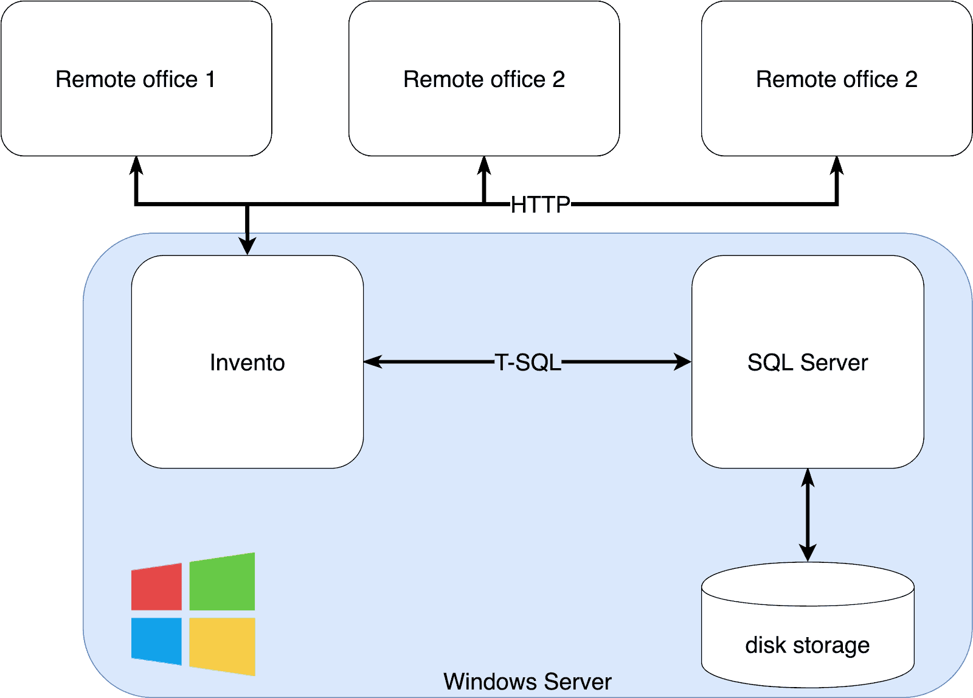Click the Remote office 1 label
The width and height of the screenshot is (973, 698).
pyautogui.click(x=135, y=79)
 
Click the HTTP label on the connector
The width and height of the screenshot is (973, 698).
pyautogui.click(x=540, y=204)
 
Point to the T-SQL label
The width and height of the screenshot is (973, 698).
pyautogui.click(x=528, y=362)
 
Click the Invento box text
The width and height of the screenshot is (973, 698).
pyautogui.click(x=247, y=363)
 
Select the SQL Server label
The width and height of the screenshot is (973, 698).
pyautogui.click(x=808, y=363)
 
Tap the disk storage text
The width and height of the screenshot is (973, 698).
pyautogui.click(x=808, y=645)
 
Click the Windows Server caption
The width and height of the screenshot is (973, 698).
pyautogui.click(x=527, y=682)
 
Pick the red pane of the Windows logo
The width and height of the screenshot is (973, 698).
pyautogui.click(x=157, y=587)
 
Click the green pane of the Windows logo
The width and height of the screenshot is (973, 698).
pyautogui.click(x=222, y=582)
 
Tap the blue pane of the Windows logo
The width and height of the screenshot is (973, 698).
pyautogui.click(x=157, y=641)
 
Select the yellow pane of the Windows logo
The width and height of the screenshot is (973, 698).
pyautogui.click(x=222, y=646)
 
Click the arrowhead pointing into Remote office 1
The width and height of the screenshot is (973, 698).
pyautogui.click(x=137, y=165)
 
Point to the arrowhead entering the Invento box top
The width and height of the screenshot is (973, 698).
pyautogui.click(x=247, y=246)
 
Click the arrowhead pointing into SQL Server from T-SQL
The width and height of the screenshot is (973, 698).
pyautogui.click(x=683, y=362)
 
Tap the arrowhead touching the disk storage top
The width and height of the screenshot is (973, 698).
pyautogui.click(x=808, y=553)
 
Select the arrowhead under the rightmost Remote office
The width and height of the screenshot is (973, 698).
pyautogui.click(x=837, y=165)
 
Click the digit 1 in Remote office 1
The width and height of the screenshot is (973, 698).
pyautogui.click(x=210, y=79)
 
